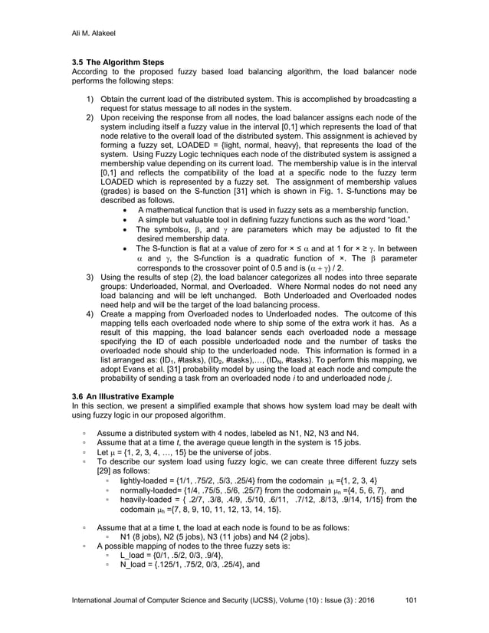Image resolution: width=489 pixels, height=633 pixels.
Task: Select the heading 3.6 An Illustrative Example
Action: (121, 395)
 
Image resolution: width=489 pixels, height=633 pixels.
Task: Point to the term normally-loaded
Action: (151, 490)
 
